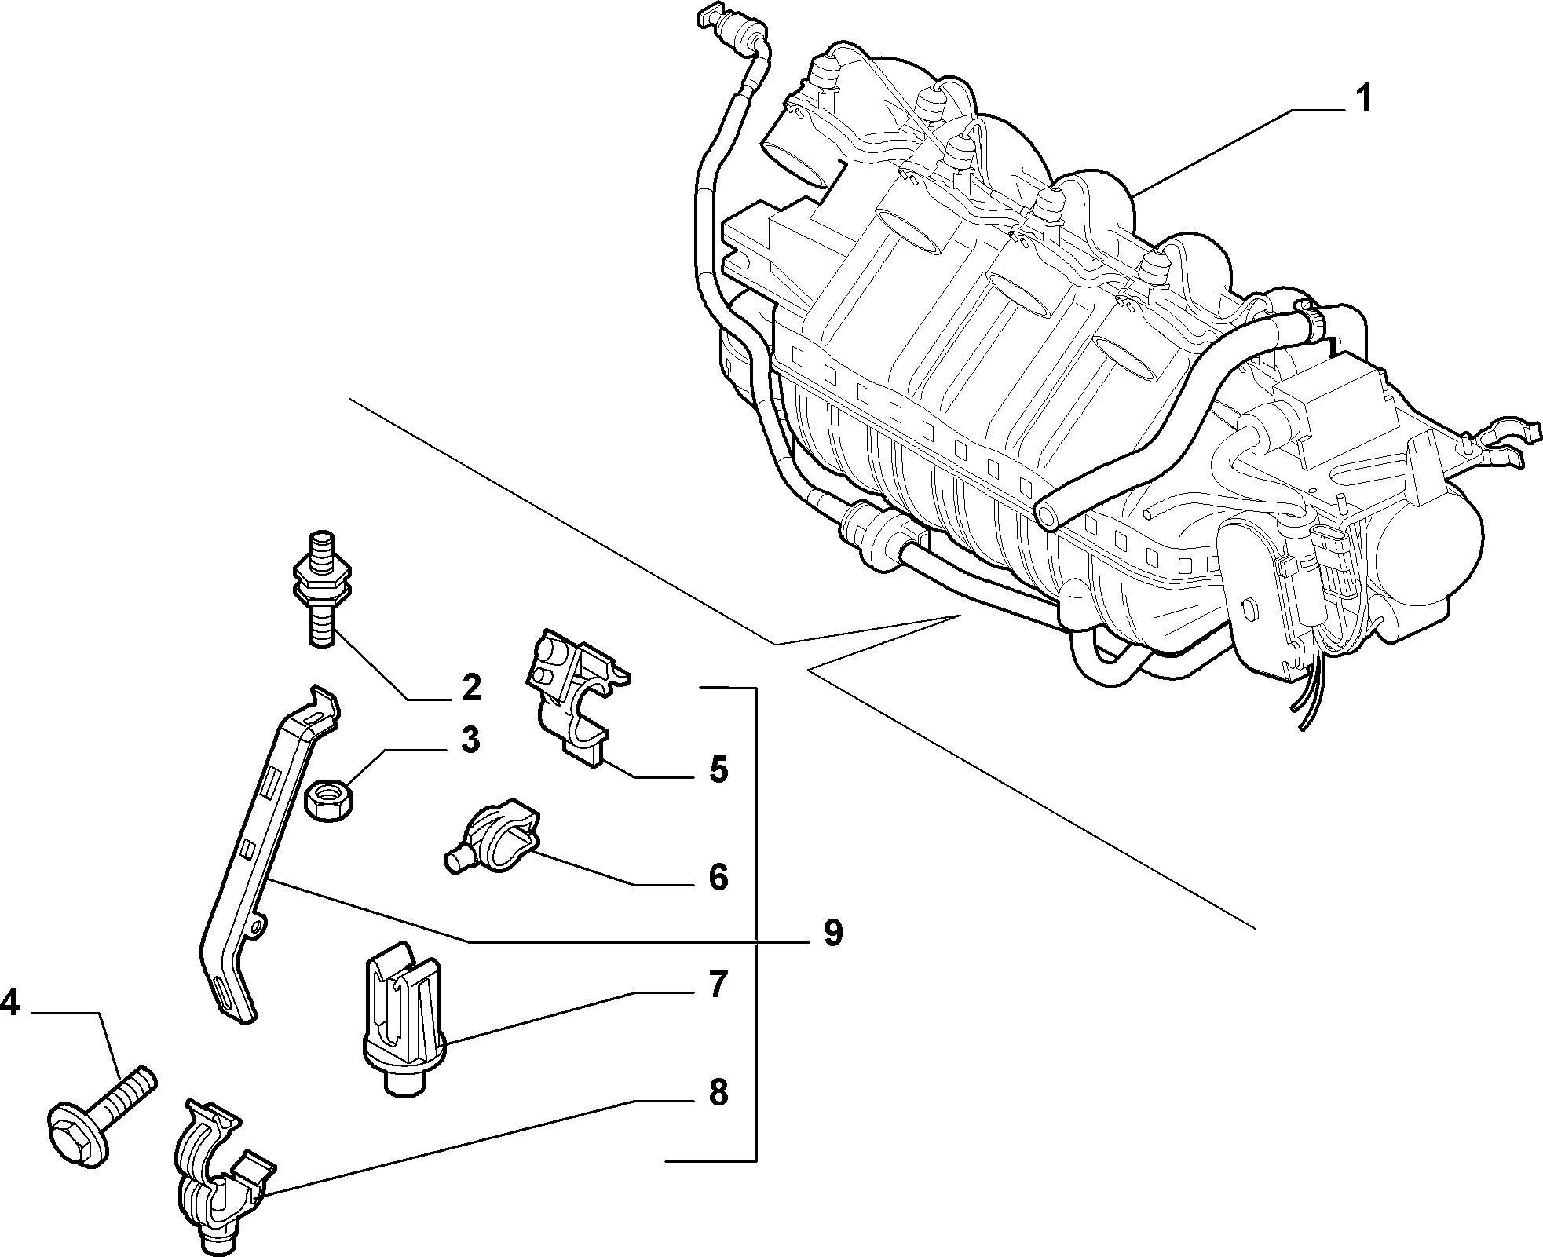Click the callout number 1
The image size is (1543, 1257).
click(1364, 100)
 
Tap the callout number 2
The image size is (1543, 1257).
click(470, 689)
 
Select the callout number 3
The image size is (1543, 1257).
click(470, 740)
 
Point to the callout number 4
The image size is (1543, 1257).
click(10, 1003)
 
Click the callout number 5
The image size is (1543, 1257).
click(718, 769)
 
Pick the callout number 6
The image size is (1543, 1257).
click(718, 877)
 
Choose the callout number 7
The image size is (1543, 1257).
click(718, 984)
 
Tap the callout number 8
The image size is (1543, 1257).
click(718, 1093)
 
